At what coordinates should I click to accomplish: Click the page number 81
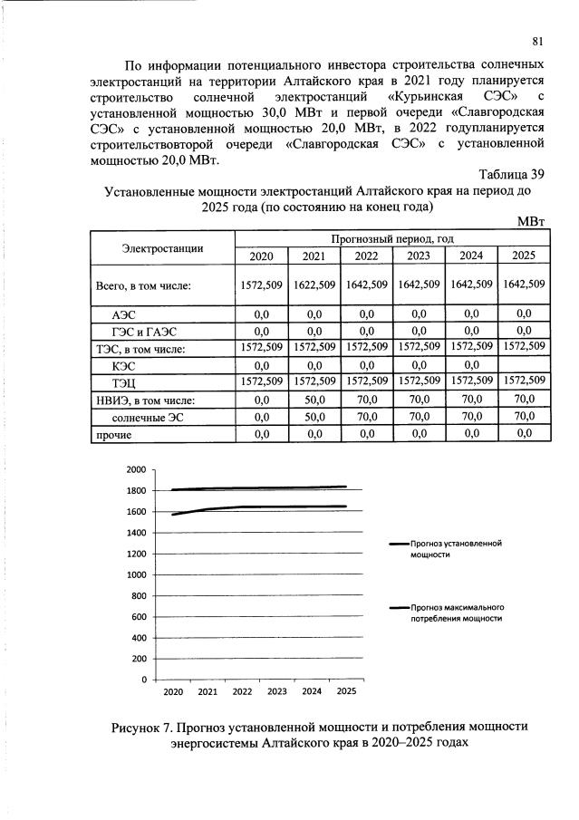537,41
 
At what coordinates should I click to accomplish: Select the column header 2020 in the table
261,256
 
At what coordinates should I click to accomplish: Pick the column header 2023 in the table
419,256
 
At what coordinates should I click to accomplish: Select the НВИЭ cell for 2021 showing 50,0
314,400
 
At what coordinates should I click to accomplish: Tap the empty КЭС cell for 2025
524,365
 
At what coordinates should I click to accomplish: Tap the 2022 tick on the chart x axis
242,692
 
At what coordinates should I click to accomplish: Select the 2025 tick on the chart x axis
345,692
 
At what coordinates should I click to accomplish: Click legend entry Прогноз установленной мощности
455,547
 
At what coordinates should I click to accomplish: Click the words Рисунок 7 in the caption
144,727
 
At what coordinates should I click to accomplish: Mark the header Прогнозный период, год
391,238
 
